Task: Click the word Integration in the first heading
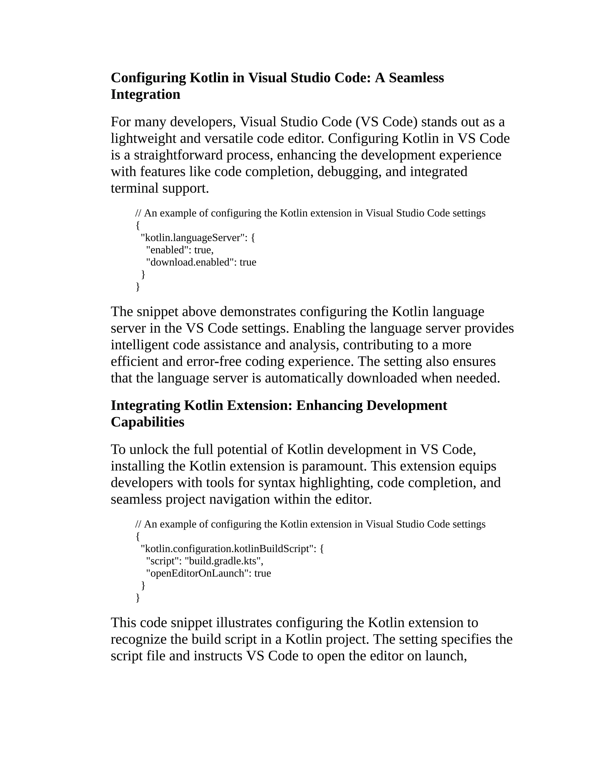coord(146,94)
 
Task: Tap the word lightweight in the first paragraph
coord(144,139)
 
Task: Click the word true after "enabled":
coord(203,250)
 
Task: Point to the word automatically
coord(304,378)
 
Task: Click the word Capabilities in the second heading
coord(147,422)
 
